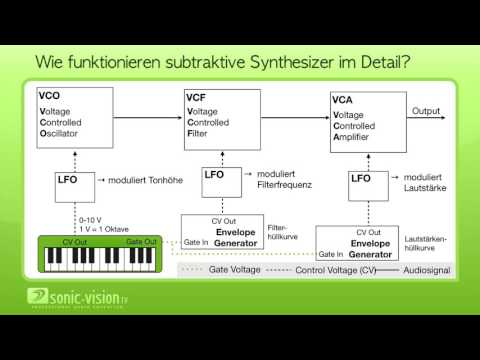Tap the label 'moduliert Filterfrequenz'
(285, 180)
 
